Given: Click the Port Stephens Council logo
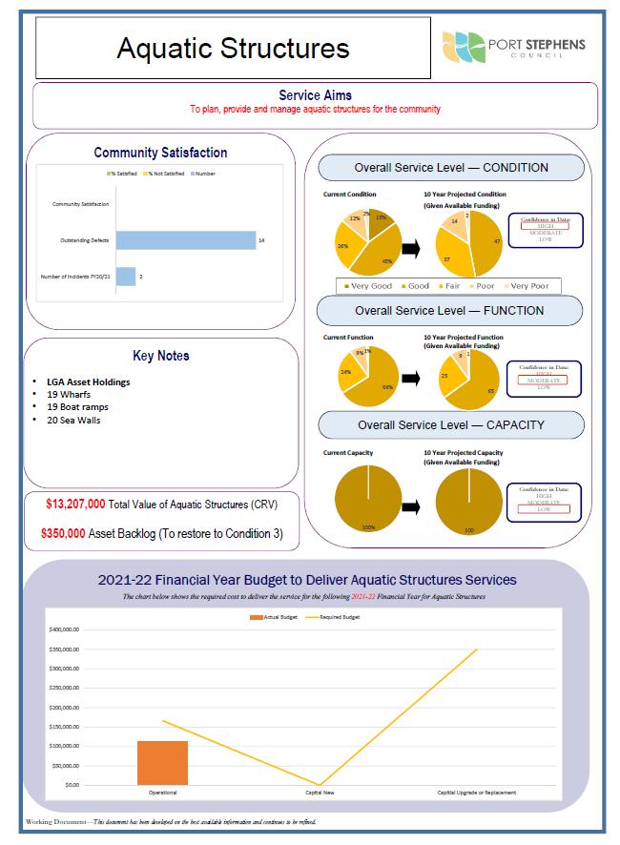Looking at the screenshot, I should tap(514, 45).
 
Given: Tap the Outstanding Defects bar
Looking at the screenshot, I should tap(186, 240).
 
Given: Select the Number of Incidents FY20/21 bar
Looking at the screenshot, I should tap(126, 277).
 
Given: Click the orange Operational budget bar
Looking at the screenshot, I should tap(162, 762).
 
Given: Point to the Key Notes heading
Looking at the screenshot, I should tap(161, 356).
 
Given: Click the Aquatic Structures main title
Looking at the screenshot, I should tap(233, 49).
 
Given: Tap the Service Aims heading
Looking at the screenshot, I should tap(315, 95).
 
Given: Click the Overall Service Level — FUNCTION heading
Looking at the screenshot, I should tap(449, 310).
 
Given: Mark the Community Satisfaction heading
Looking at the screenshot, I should tap(160, 153).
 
